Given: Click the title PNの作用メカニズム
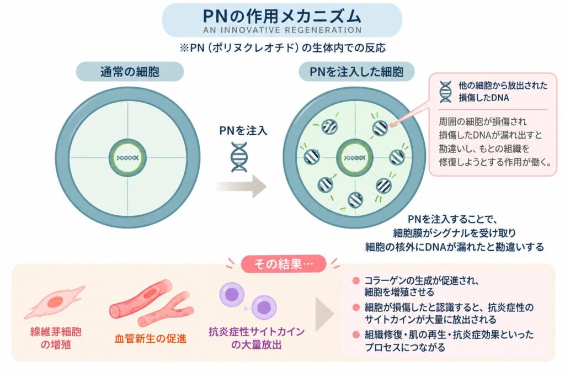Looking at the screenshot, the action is (x=282, y=16).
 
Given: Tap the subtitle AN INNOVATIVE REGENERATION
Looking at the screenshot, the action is (x=282, y=30).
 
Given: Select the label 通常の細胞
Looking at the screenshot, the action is (x=130, y=72).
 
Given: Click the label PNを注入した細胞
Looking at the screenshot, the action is (x=356, y=72).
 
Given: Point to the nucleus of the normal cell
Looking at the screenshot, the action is (x=127, y=158).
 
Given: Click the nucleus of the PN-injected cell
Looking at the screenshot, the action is (x=355, y=158).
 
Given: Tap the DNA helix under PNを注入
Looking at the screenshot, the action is (x=239, y=157).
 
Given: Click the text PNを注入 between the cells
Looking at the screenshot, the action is (x=243, y=130).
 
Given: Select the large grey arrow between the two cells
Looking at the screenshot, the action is (x=241, y=187).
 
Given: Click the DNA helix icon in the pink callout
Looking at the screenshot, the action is (x=445, y=92).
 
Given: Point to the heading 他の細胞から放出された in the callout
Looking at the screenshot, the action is (x=503, y=86).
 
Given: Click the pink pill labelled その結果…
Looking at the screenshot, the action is (x=283, y=264).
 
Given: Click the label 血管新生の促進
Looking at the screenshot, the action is (x=150, y=338).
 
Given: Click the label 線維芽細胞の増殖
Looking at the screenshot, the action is (x=56, y=338).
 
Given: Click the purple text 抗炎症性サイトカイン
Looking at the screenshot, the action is (x=257, y=332).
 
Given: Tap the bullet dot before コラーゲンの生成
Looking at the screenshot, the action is (x=356, y=281).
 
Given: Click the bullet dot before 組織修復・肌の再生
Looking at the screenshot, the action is (x=356, y=335).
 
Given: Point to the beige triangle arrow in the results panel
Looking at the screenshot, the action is (x=324, y=314).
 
